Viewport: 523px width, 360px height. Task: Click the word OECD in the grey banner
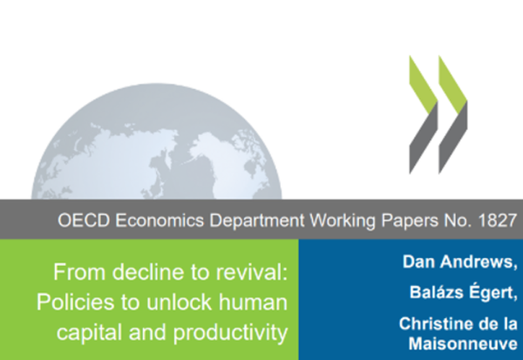[84, 221]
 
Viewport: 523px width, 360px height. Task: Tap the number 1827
[498, 221]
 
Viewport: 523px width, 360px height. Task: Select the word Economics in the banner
[160, 221]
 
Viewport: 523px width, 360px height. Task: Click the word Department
[257, 221]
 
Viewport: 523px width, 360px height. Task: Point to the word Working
[343, 221]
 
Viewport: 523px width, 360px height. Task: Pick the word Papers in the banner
[410, 221]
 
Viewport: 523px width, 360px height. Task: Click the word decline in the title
[148, 272]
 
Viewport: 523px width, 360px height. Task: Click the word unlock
[179, 302]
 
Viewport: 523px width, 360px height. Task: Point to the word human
[253, 302]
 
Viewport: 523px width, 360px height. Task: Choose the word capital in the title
[90, 333]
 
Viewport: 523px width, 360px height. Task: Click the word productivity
[230, 333]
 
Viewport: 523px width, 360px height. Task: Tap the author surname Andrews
[479, 262]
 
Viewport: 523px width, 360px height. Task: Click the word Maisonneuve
[463, 344]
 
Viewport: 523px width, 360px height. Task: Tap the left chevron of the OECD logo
[424, 114]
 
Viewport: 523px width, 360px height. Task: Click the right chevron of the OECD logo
[453, 114]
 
